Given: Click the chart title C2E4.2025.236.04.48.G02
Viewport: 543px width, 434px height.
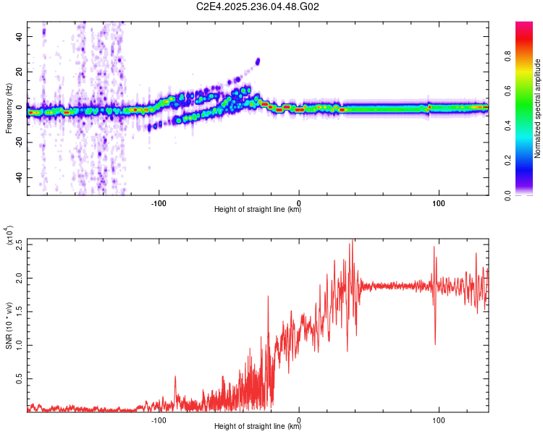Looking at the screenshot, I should tap(258, 7).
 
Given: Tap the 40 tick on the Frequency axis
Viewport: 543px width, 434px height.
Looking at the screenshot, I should tap(20, 36).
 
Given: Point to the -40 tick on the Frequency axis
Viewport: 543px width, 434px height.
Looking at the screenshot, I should tap(20, 177).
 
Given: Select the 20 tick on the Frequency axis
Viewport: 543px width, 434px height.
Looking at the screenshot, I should tap(20, 72).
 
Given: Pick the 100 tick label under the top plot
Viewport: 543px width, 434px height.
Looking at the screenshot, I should tap(439, 203).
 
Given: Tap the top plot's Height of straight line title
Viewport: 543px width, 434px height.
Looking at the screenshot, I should tap(258, 210).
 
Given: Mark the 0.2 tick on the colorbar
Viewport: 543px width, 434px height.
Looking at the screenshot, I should tap(529, 161).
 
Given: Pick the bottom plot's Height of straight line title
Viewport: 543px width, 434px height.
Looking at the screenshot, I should tap(258, 427).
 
